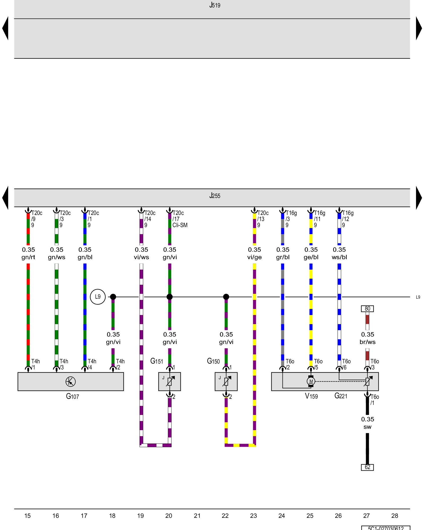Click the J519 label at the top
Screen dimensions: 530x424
(215, 5)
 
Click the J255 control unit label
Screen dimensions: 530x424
(215, 196)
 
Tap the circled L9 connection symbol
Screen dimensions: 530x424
(98, 297)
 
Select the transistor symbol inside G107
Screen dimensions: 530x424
(70, 382)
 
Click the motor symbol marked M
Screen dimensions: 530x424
(311, 381)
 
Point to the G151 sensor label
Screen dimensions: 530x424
(157, 361)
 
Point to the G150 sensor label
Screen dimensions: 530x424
(213, 361)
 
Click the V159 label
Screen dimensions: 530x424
(311, 396)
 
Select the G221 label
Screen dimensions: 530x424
(341, 396)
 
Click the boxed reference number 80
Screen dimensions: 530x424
(367, 309)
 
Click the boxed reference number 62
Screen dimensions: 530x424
(367, 467)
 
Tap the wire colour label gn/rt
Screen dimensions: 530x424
(28, 257)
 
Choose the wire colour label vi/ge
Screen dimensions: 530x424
(254, 257)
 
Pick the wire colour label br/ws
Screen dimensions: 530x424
(367, 342)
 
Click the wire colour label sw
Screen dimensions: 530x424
(367, 427)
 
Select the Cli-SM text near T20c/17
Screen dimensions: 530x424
(180, 225)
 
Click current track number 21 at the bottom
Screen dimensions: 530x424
(197, 516)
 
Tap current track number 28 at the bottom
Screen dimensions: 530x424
(395, 516)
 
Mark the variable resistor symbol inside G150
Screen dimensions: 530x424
(226, 381)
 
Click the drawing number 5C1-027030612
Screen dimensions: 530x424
(386, 528)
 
